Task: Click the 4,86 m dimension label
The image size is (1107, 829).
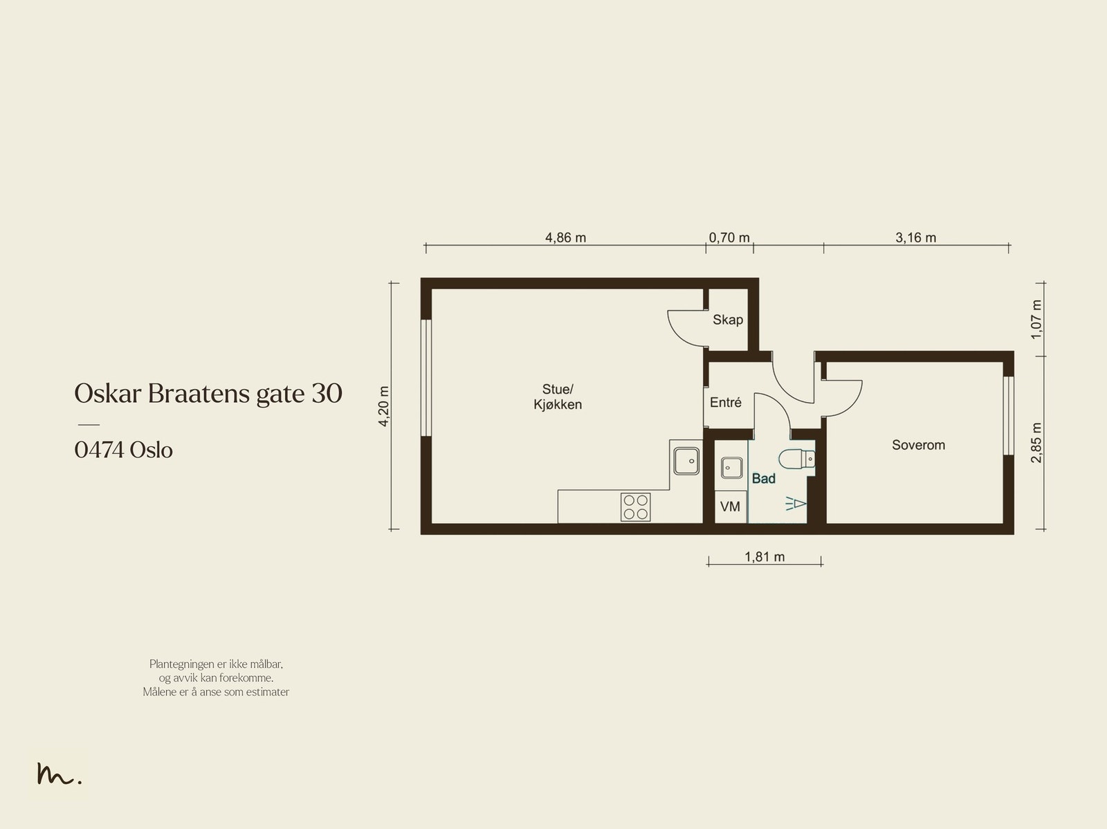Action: pyautogui.click(x=565, y=237)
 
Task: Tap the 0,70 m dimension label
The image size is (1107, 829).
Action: pyautogui.click(x=729, y=237)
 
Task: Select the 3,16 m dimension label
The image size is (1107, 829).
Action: pyautogui.click(x=916, y=237)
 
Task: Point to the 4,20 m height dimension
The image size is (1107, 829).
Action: pyautogui.click(x=384, y=406)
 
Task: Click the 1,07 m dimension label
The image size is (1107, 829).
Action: pyautogui.click(x=1036, y=320)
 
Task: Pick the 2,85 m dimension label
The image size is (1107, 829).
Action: pyautogui.click(x=1036, y=442)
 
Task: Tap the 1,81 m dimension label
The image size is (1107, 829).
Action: pyautogui.click(x=765, y=556)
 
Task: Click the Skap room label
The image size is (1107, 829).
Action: pyautogui.click(x=728, y=320)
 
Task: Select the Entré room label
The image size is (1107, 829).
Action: pyautogui.click(x=726, y=403)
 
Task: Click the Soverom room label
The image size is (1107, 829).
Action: pyautogui.click(x=918, y=445)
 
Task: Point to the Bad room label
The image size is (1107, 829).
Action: pyautogui.click(x=764, y=479)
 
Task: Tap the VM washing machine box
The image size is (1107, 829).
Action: pyautogui.click(x=731, y=507)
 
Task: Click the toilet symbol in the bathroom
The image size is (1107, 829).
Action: pyautogui.click(x=797, y=459)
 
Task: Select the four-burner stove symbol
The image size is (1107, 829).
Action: pyautogui.click(x=635, y=507)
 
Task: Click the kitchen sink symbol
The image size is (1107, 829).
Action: pyautogui.click(x=686, y=461)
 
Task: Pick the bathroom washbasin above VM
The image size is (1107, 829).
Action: pyautogui.click(x=731, y=468)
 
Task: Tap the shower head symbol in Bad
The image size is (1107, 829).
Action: pyautogui.click(x=796, y=503)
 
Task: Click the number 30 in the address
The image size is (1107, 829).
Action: pyautogui.click(x=327, y=393)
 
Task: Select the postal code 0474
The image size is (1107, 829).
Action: pyautogui.click(x=99, y=450)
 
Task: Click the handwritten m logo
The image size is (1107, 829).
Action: pyautogui.click(x=59, y=774)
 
